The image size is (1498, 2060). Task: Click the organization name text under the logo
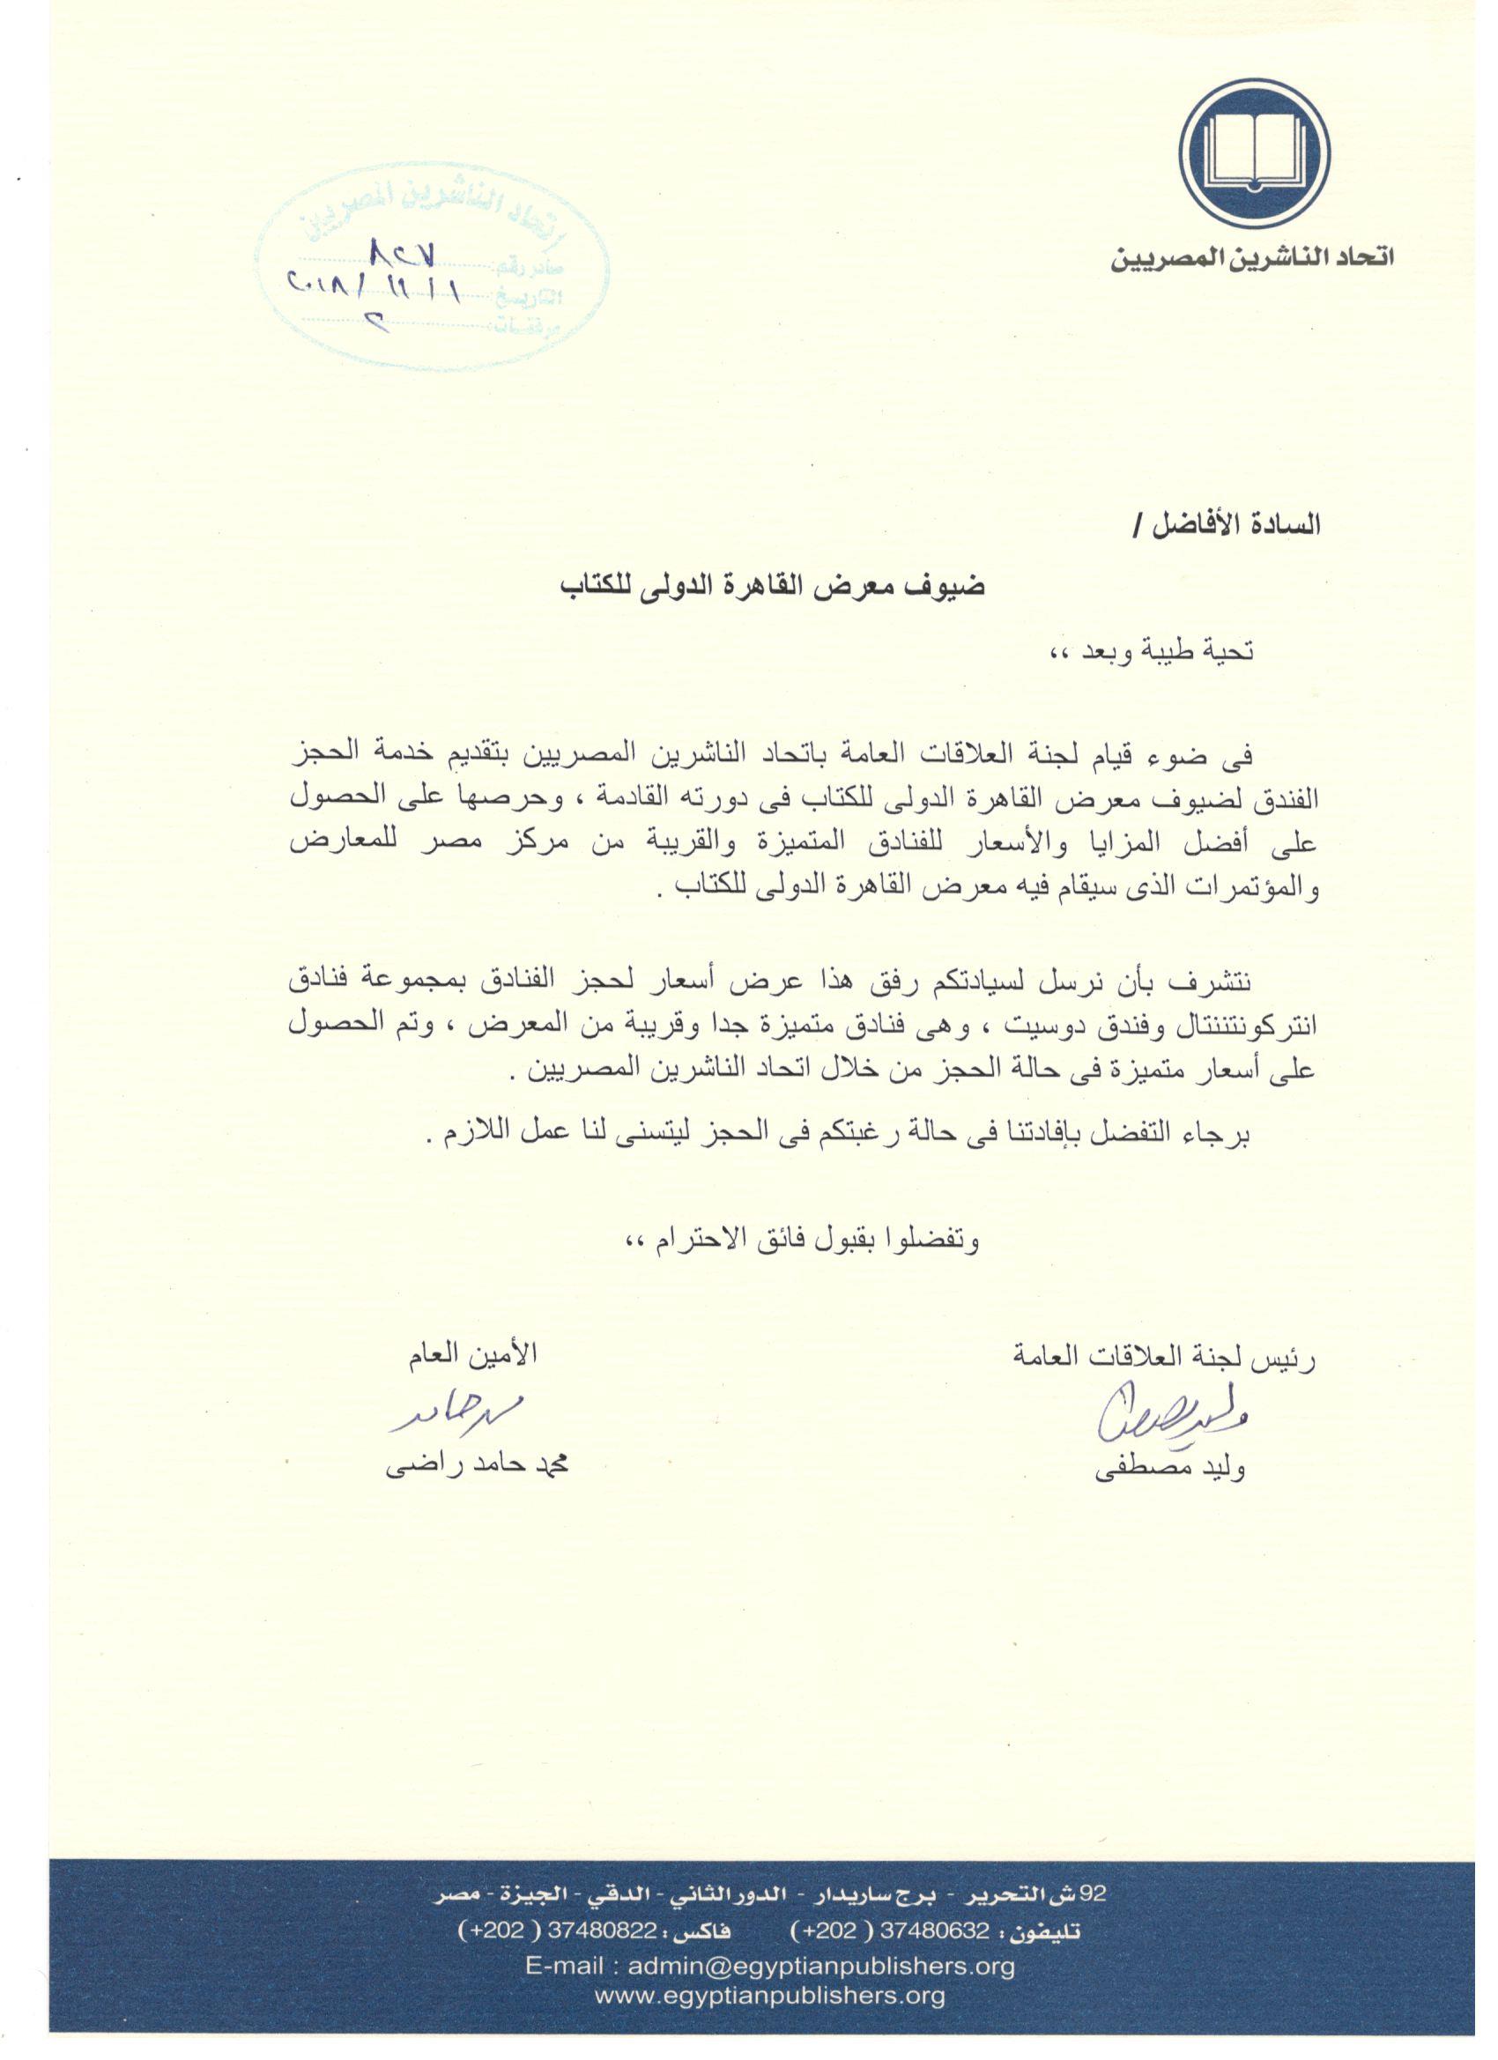1252,259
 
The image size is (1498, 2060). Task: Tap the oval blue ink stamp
432,270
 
